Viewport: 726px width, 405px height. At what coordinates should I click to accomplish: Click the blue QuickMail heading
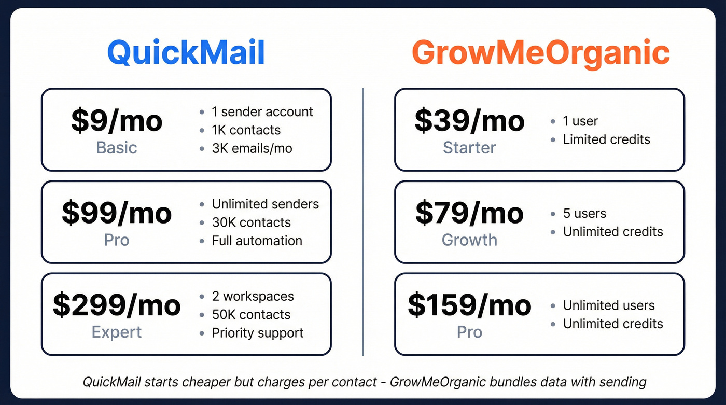186,53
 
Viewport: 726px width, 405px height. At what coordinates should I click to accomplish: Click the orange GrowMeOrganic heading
540,53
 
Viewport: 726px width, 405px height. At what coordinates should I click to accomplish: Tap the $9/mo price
117,121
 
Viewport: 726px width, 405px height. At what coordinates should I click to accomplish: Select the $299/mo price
117,305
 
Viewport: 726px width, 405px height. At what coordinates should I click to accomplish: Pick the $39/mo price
469,121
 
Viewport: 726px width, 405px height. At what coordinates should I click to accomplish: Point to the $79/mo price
469,213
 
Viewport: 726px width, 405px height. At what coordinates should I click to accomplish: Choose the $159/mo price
469,305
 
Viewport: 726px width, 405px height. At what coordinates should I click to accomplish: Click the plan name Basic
117,148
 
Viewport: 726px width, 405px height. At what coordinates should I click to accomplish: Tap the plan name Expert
117,332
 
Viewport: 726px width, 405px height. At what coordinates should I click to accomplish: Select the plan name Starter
469,148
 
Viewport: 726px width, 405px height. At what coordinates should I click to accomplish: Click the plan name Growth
469,240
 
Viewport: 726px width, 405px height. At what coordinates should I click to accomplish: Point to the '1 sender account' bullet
262,112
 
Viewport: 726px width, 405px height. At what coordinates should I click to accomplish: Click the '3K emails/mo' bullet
252,148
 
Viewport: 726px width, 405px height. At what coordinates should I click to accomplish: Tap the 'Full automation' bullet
257,241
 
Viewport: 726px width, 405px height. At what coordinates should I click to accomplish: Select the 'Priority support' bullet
258,333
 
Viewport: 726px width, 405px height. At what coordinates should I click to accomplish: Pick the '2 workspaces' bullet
253,296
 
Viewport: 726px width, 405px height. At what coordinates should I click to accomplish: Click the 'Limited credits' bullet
606,139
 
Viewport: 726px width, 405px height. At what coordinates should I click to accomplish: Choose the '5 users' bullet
584,213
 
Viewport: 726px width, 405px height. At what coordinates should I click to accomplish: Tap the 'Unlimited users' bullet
609,305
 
